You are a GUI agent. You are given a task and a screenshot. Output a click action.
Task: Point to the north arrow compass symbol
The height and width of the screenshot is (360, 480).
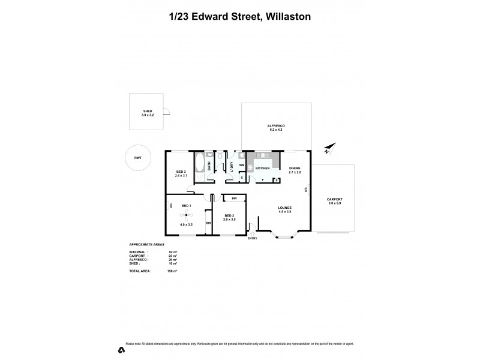click(x=328, y=149)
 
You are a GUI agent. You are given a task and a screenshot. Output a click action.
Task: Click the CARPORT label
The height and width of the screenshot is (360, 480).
click(x=334, y=200)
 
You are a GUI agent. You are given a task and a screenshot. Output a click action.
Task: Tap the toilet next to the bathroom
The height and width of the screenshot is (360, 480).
click(x=221, y=157)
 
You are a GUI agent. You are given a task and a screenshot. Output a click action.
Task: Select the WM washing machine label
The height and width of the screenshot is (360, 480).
click(x=241, y=164)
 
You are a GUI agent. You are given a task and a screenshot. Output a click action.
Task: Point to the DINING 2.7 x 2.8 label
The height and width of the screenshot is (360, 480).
click(x=294, y=170)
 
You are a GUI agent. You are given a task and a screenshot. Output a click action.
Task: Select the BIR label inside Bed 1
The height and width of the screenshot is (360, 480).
click(x=208, y=223)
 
